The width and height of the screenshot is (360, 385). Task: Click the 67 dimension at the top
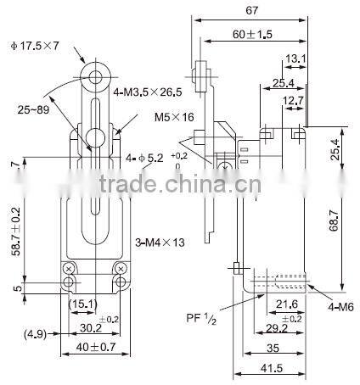252,10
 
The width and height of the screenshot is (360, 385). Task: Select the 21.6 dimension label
286,303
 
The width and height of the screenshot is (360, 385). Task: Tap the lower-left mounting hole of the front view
69,281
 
